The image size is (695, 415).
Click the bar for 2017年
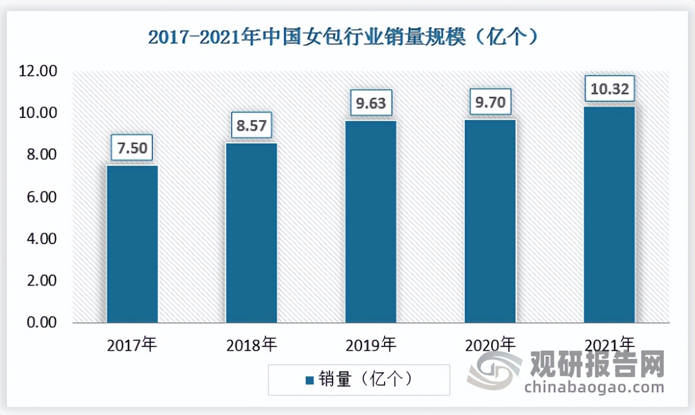[x=132, y=244]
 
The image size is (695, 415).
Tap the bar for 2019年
[x=371, y=221]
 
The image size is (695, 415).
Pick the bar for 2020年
[x=490, y=221]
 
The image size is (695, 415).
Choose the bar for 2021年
[x=609, y=214]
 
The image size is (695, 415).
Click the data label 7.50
[x=132, y=148]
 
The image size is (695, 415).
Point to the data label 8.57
[x=251, y=125]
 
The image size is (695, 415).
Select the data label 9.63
[x=371, y=102]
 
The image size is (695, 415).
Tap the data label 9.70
[x=490, y=101]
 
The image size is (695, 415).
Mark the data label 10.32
[x=610, y=89]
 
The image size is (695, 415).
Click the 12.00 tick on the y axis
[x=38, y=72]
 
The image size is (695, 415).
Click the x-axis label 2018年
[x=251, y=345]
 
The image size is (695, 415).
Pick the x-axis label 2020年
[x=490, y=345]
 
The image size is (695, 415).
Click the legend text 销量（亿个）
[x=366, y=379]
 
